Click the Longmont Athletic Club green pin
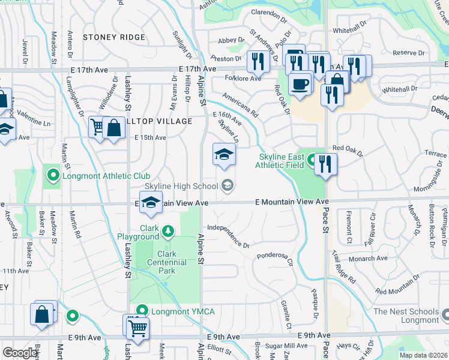[53, 176]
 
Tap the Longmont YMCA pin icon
[142, 311]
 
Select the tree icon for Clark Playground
[169, 231]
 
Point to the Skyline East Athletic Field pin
[312, 160]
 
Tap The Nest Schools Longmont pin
[445, 314]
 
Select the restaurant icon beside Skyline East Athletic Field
[325, 164]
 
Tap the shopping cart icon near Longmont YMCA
[137, 328]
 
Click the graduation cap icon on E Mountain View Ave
[151, 202]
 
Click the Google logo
[20, 353]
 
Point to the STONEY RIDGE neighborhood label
[114, 37]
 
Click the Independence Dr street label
[228, 236]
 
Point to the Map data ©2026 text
[423, 355]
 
